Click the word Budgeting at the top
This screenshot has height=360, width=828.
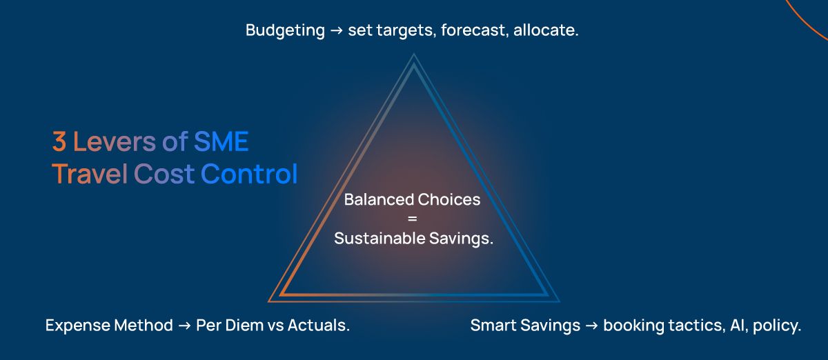tap(285, 30)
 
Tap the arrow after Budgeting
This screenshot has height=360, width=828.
tap(337, 30)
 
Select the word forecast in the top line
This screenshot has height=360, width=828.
tap(473, 30)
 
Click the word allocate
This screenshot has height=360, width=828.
tap(546, 30)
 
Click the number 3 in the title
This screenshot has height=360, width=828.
tap(59, 141)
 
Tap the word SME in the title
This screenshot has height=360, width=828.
tap(221, 141)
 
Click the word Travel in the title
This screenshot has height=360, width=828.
tap(90, 173)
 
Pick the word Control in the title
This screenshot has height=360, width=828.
tap(249, 173)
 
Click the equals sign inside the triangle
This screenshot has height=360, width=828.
tap(412, 219)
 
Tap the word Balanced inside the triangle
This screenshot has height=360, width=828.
tap(379, 199)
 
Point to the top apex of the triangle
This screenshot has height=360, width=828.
tap(413, 54)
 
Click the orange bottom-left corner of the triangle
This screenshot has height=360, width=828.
tap(268, 301)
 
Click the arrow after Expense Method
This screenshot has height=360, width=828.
tap(184, 326)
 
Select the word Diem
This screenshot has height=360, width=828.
tap(244, 326)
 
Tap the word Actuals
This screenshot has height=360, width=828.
tap(319, 326)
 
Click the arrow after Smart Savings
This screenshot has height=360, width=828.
tap(592, 326)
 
